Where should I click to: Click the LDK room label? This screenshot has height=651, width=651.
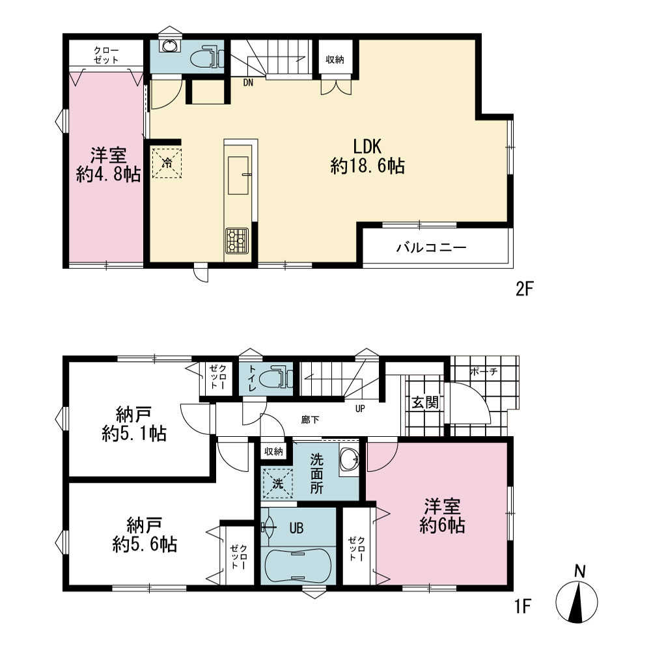click(x=367, y=156)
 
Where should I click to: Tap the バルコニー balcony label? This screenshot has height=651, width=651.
click(x=432, y=248)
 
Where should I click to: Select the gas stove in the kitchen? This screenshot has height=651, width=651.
click(x=237, y=240)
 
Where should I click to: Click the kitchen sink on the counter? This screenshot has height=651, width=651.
click(x=238, y=176)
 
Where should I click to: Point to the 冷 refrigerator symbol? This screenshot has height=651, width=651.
click(x=167, y=163)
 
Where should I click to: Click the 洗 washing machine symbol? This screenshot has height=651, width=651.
click(x=278, y=484)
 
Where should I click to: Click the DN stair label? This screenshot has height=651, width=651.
click(x=248, y=83)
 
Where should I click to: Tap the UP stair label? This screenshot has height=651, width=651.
click(x=360, y=409)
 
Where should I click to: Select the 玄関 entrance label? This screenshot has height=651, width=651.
click(x=424, y=402)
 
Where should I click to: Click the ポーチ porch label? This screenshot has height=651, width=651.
click(x=484, y=372)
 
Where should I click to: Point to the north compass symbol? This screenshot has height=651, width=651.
click(x=577, y=598)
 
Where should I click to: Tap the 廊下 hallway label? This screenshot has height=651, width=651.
click(x=310, y=420)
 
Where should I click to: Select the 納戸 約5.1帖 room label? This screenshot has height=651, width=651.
click(x=133, y=424)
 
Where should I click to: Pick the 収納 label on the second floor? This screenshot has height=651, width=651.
click(x=335, y=60)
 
